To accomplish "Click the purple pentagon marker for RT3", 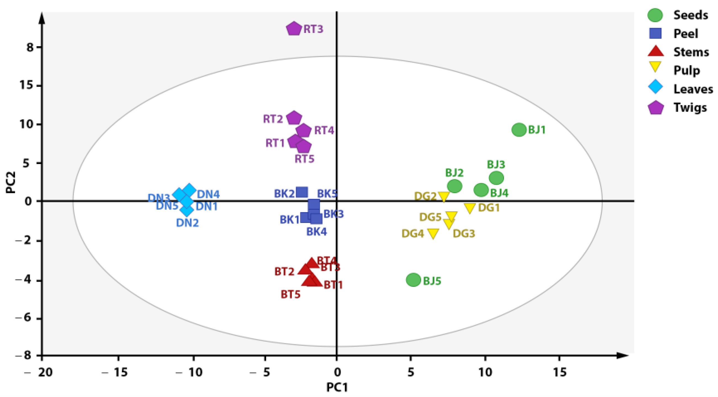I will pos(293,29).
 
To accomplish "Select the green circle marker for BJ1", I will pos(519,130).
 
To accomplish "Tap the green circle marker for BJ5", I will pos(413,280).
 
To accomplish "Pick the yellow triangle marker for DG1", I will pos(470,207).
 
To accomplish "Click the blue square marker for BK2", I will pos(302,192).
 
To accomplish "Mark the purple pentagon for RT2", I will pos(294,118).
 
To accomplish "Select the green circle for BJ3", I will pos(496,178).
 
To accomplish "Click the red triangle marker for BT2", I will pos(305,270).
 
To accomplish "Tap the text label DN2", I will pos(187,223).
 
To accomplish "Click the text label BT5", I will pos(290,294).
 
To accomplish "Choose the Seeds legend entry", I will pos(690,15).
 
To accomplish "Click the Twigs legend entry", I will pos(690,108).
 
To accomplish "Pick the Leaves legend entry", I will pos(693,89).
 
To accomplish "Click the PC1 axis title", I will pos(337,388).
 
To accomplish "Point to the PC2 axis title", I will pos(11,182).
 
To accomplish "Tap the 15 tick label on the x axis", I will pos(559,372).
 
